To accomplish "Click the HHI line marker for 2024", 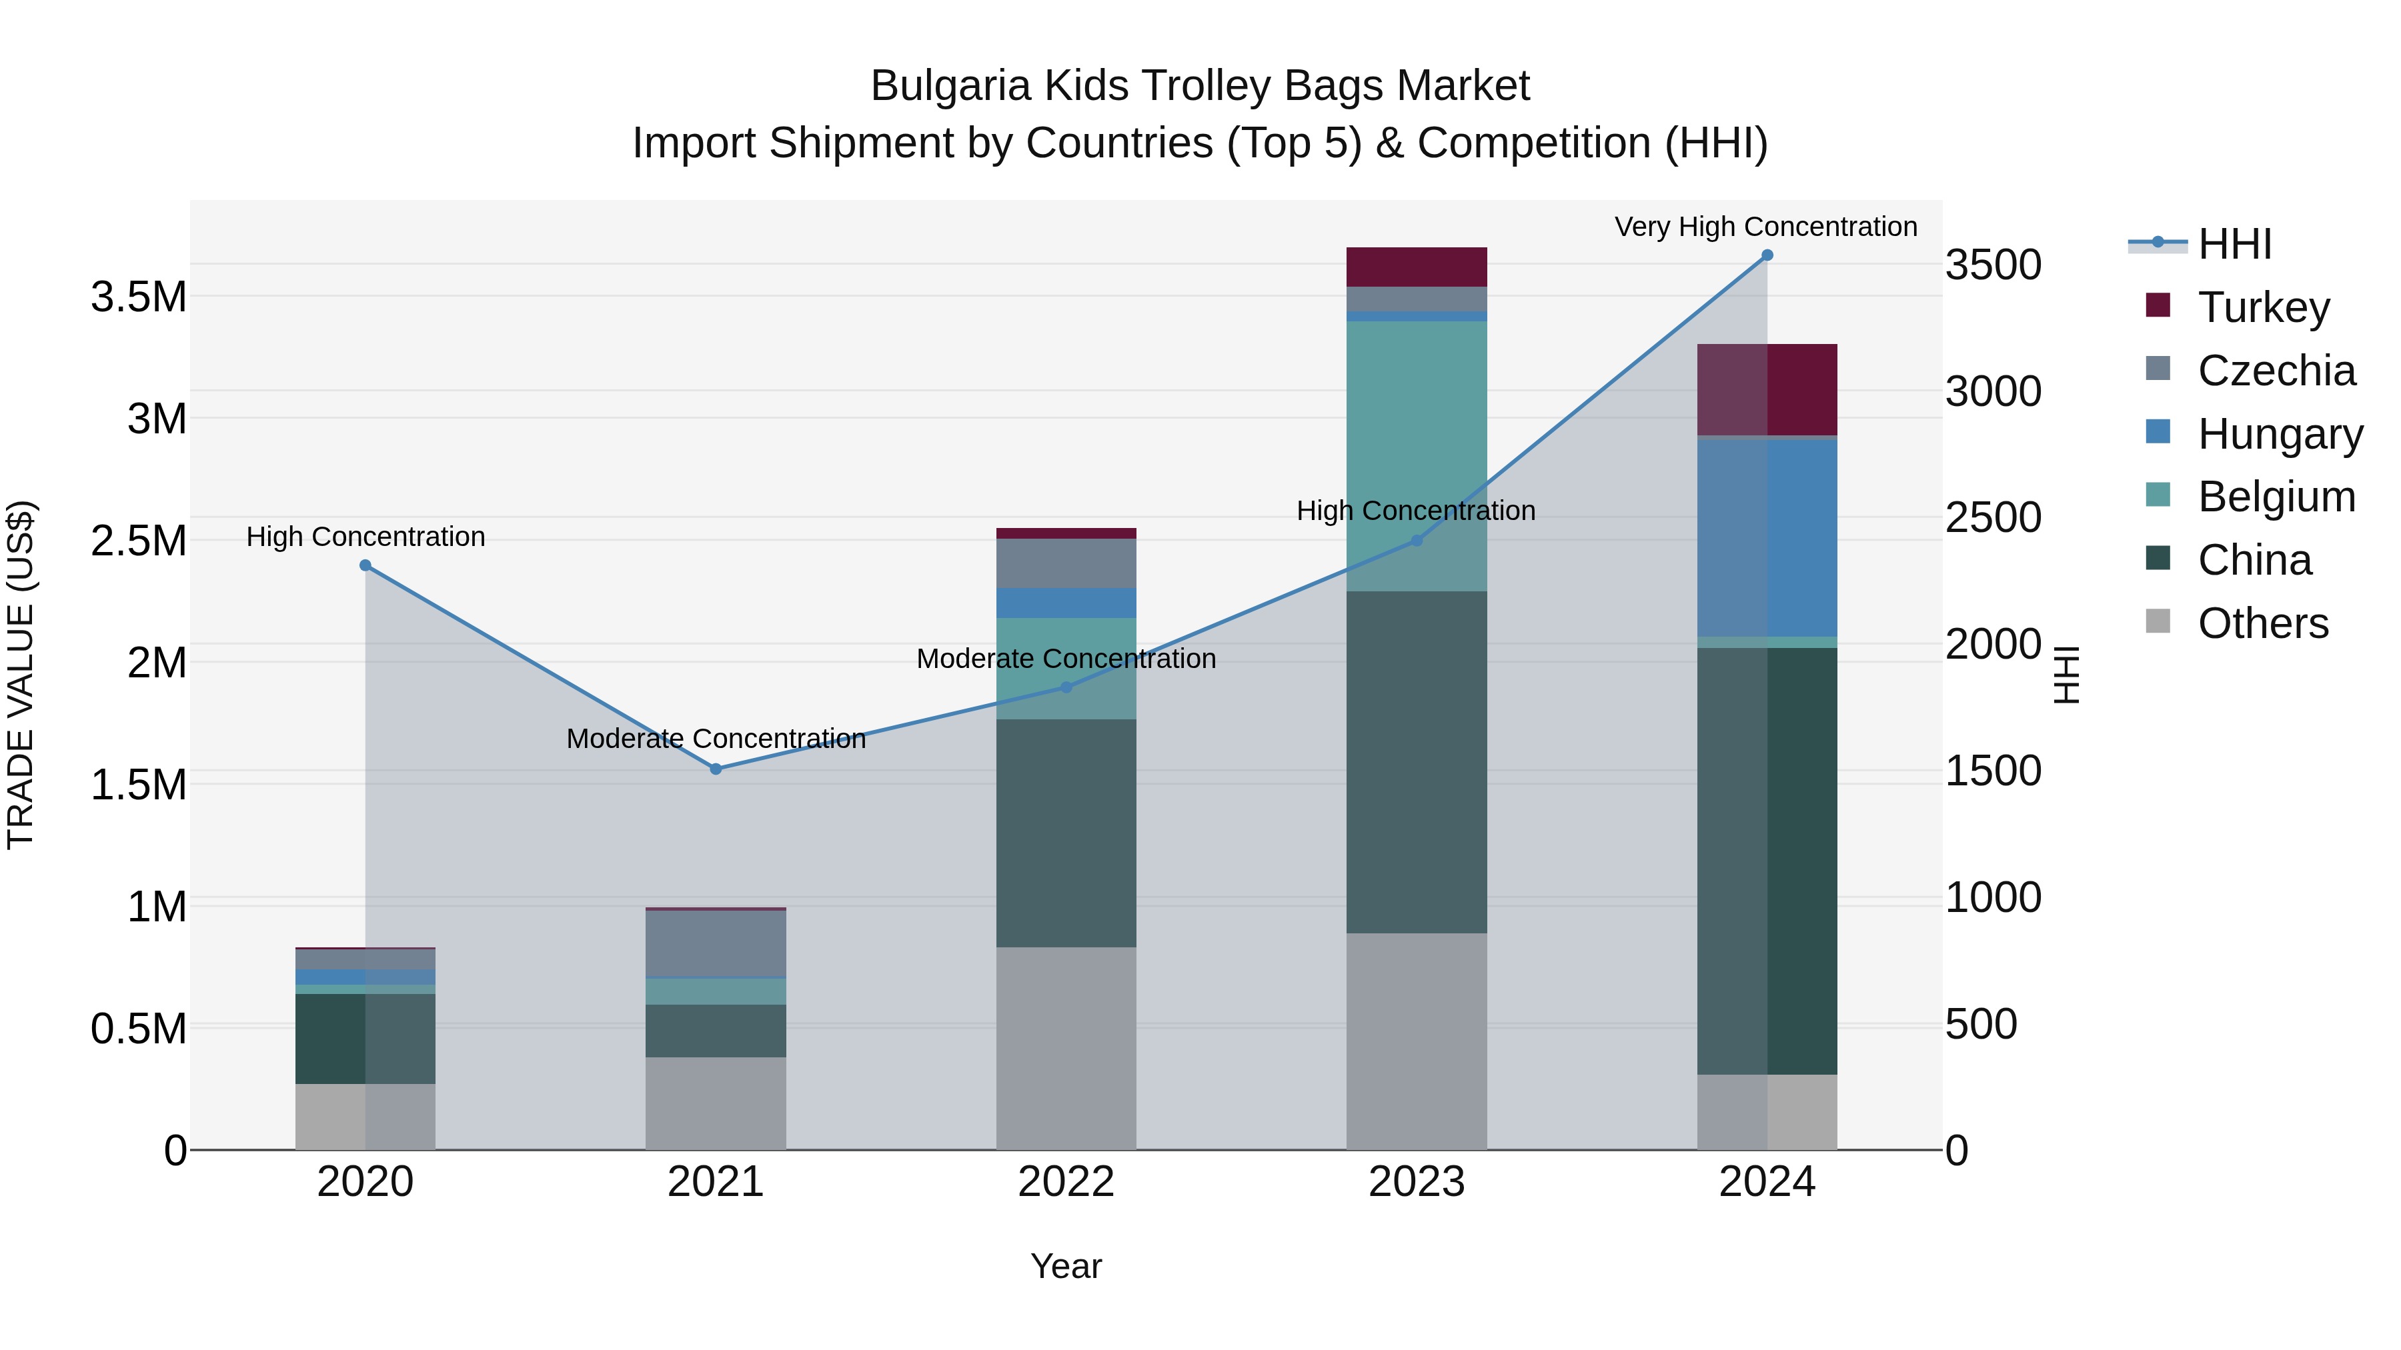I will tap(1766, 255).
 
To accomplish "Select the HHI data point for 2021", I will tap(716, 769).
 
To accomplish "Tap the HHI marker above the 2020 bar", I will tap(365, 565).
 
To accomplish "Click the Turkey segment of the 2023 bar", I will tap(1416, 267).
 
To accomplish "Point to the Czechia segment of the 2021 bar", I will tap(716, 943).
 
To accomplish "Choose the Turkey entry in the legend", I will tap(2262, 307).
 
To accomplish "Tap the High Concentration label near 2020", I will tap(365, 537).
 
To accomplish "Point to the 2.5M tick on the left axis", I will tap(139, 541).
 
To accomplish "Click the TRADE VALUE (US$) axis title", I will tap(21, 675).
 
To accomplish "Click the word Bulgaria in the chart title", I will tap(950, 86).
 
